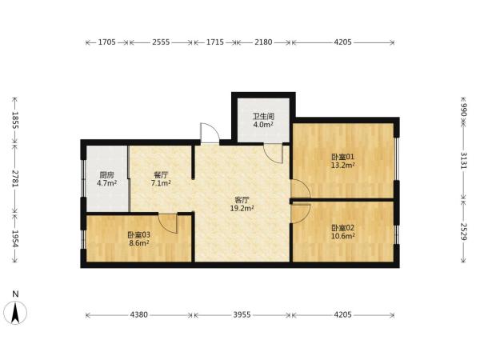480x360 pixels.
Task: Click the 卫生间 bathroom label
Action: (x=263, y=116)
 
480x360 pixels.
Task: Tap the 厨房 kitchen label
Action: (x=107, y=175)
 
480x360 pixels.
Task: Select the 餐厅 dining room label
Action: (x=161, y=175)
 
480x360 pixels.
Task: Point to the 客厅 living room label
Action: (x=242, y=200)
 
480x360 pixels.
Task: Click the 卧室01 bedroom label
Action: (x=343, y=157)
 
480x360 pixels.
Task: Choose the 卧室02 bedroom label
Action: (x=343, y=228)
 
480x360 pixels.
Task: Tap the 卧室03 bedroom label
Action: (x=139, y=235)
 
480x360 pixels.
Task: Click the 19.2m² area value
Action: (x=242, y=209)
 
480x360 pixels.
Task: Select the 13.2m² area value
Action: (x=343, y=166)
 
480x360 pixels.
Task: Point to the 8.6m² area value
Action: (x=139, y=243)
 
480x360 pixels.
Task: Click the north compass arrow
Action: (x=15, y=312)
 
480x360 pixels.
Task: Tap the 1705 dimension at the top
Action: (x=107, y=42)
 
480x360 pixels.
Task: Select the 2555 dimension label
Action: (x=161, y=42)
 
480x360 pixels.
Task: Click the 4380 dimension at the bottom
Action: (x=139, y=314)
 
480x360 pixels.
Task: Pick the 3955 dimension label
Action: (x=242, y=314)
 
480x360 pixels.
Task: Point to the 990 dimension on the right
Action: (x=463, y=110)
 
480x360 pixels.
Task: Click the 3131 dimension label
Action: (x=463, y=161)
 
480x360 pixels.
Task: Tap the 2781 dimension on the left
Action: (x=15, y=178)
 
